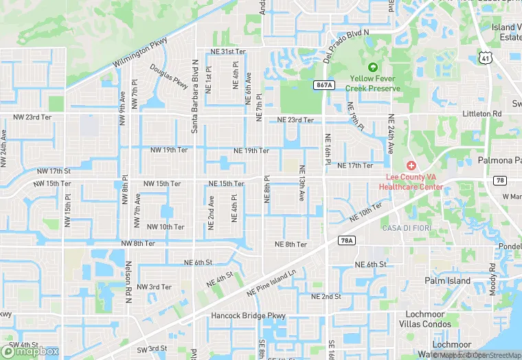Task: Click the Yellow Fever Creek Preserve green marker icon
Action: click(373, 67)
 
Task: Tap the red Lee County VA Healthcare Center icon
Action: click(411, 166)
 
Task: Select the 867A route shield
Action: click(325, 85)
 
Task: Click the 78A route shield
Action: click(346, 240)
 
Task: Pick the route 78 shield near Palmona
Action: click(500, 180)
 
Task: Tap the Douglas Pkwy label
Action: click(169, 76)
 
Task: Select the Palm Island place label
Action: click(448, 281)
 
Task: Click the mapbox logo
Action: click(32, 351)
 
